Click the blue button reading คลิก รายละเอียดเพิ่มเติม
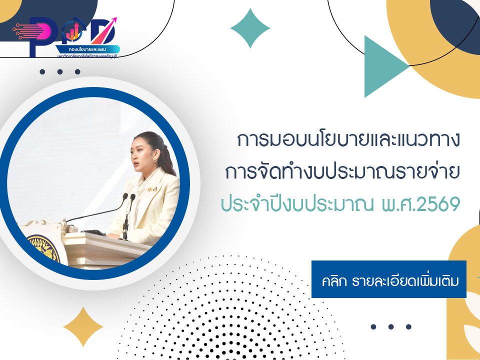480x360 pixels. (x=388, y=279)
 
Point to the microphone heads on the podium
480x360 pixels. (x=128, y=198)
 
